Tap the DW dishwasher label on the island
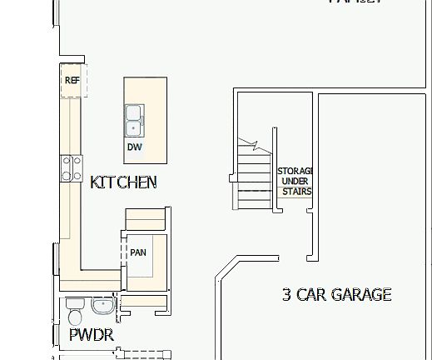[134, 147]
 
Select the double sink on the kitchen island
[133, 120]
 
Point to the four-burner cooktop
[71, 168]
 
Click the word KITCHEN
[123, 182]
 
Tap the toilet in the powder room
[74, 316]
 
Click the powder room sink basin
[103, 306]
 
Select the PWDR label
[91, 336]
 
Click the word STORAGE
[295, 170]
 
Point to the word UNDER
[295, 181]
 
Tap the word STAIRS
[295, 192]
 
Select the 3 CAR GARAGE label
[336, 294]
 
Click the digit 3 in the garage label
[286, 294]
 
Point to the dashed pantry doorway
[124, 250]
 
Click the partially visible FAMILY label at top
[355, 2]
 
